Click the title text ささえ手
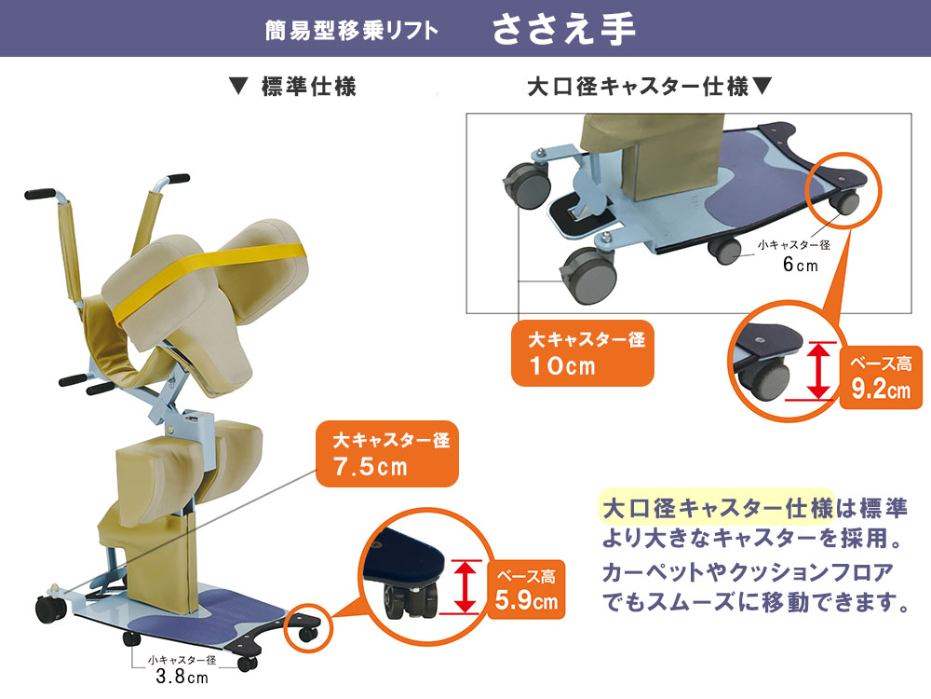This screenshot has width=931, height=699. pos(563,29)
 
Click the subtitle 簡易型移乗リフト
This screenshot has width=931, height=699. pos(352,31)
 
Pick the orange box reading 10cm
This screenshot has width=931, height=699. pos(582,352)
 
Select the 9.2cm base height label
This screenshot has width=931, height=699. pos(880,377)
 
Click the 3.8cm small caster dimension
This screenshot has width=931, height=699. pos(182,677)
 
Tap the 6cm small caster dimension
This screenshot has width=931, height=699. pos(799,266)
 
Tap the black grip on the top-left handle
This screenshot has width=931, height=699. pos(40,195)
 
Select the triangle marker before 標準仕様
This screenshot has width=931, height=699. pos(237,88)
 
